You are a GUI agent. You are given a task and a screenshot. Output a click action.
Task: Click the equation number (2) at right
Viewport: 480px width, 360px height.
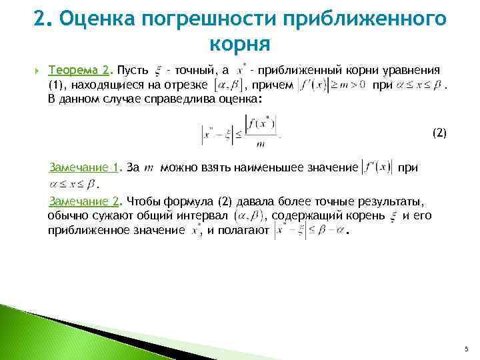click(439, 133)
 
